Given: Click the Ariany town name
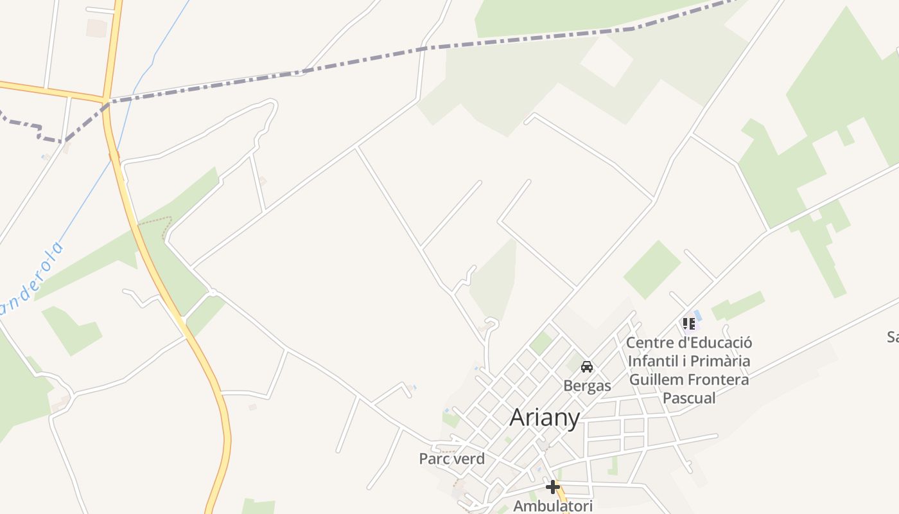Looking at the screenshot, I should tap(545, 418).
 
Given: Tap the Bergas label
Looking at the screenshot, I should tap(587, 385).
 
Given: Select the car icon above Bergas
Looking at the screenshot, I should tap(586, 367).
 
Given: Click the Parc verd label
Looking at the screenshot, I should tap(451, 459).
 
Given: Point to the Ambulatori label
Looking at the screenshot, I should tap(553, 506).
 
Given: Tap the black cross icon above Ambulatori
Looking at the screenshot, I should tap(552, 486).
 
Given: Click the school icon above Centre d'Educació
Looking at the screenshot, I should tap(688, 323).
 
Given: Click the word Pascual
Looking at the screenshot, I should tap(689, 398).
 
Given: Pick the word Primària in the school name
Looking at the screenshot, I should tap(719, 361).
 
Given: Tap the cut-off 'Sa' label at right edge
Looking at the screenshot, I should tap(893, 337).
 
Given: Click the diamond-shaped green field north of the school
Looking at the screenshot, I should tap(652, 270).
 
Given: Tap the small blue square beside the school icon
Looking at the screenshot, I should tap(698, 315).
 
